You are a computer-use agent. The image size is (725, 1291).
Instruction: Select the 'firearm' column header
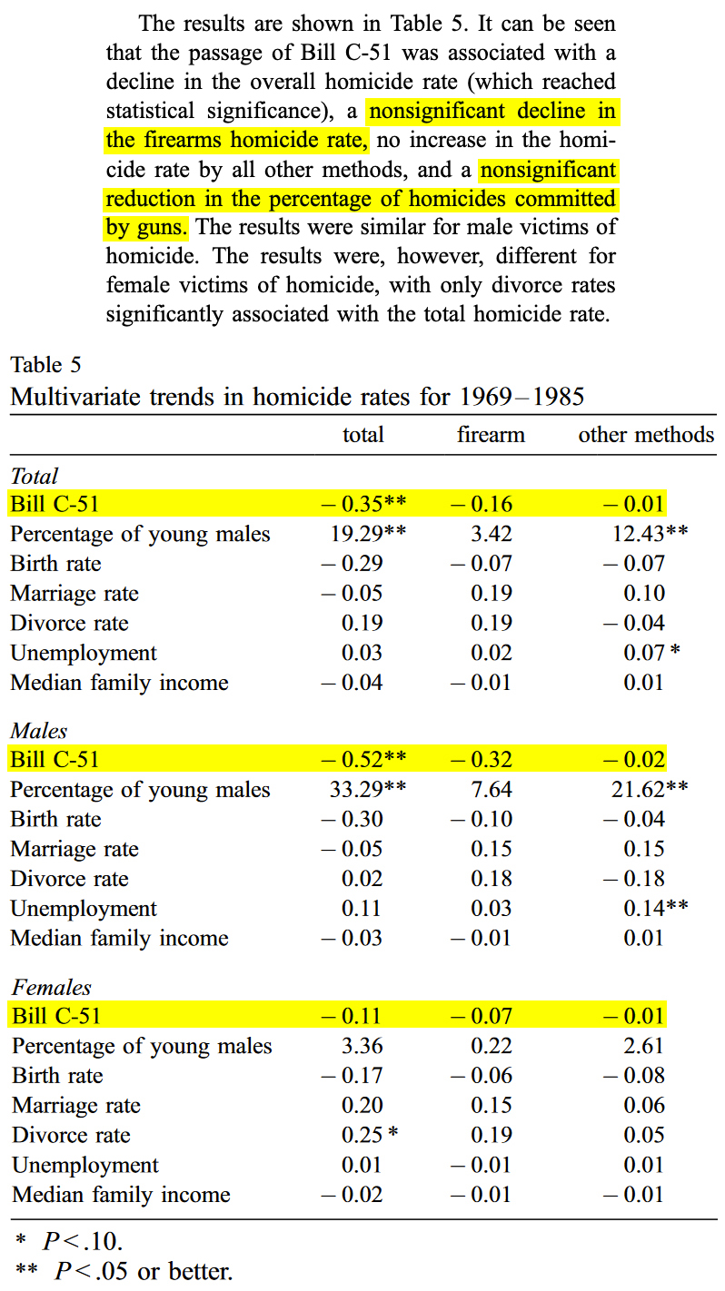tap(491, 435)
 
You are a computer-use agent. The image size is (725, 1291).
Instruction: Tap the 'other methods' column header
tap(646, 435)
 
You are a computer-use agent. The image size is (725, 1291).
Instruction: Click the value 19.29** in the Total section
tap(368, 534)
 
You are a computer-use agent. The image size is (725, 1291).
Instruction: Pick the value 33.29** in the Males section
tap(368, 790)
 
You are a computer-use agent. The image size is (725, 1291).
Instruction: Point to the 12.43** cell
tap(650, 534)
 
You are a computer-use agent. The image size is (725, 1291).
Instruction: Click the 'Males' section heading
tap(39, 731)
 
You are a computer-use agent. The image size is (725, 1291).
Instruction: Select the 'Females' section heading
tap(52, 987)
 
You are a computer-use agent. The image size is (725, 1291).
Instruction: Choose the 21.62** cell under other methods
tap(650, 790)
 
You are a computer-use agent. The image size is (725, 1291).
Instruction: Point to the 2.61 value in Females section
tap(644, 1046)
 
